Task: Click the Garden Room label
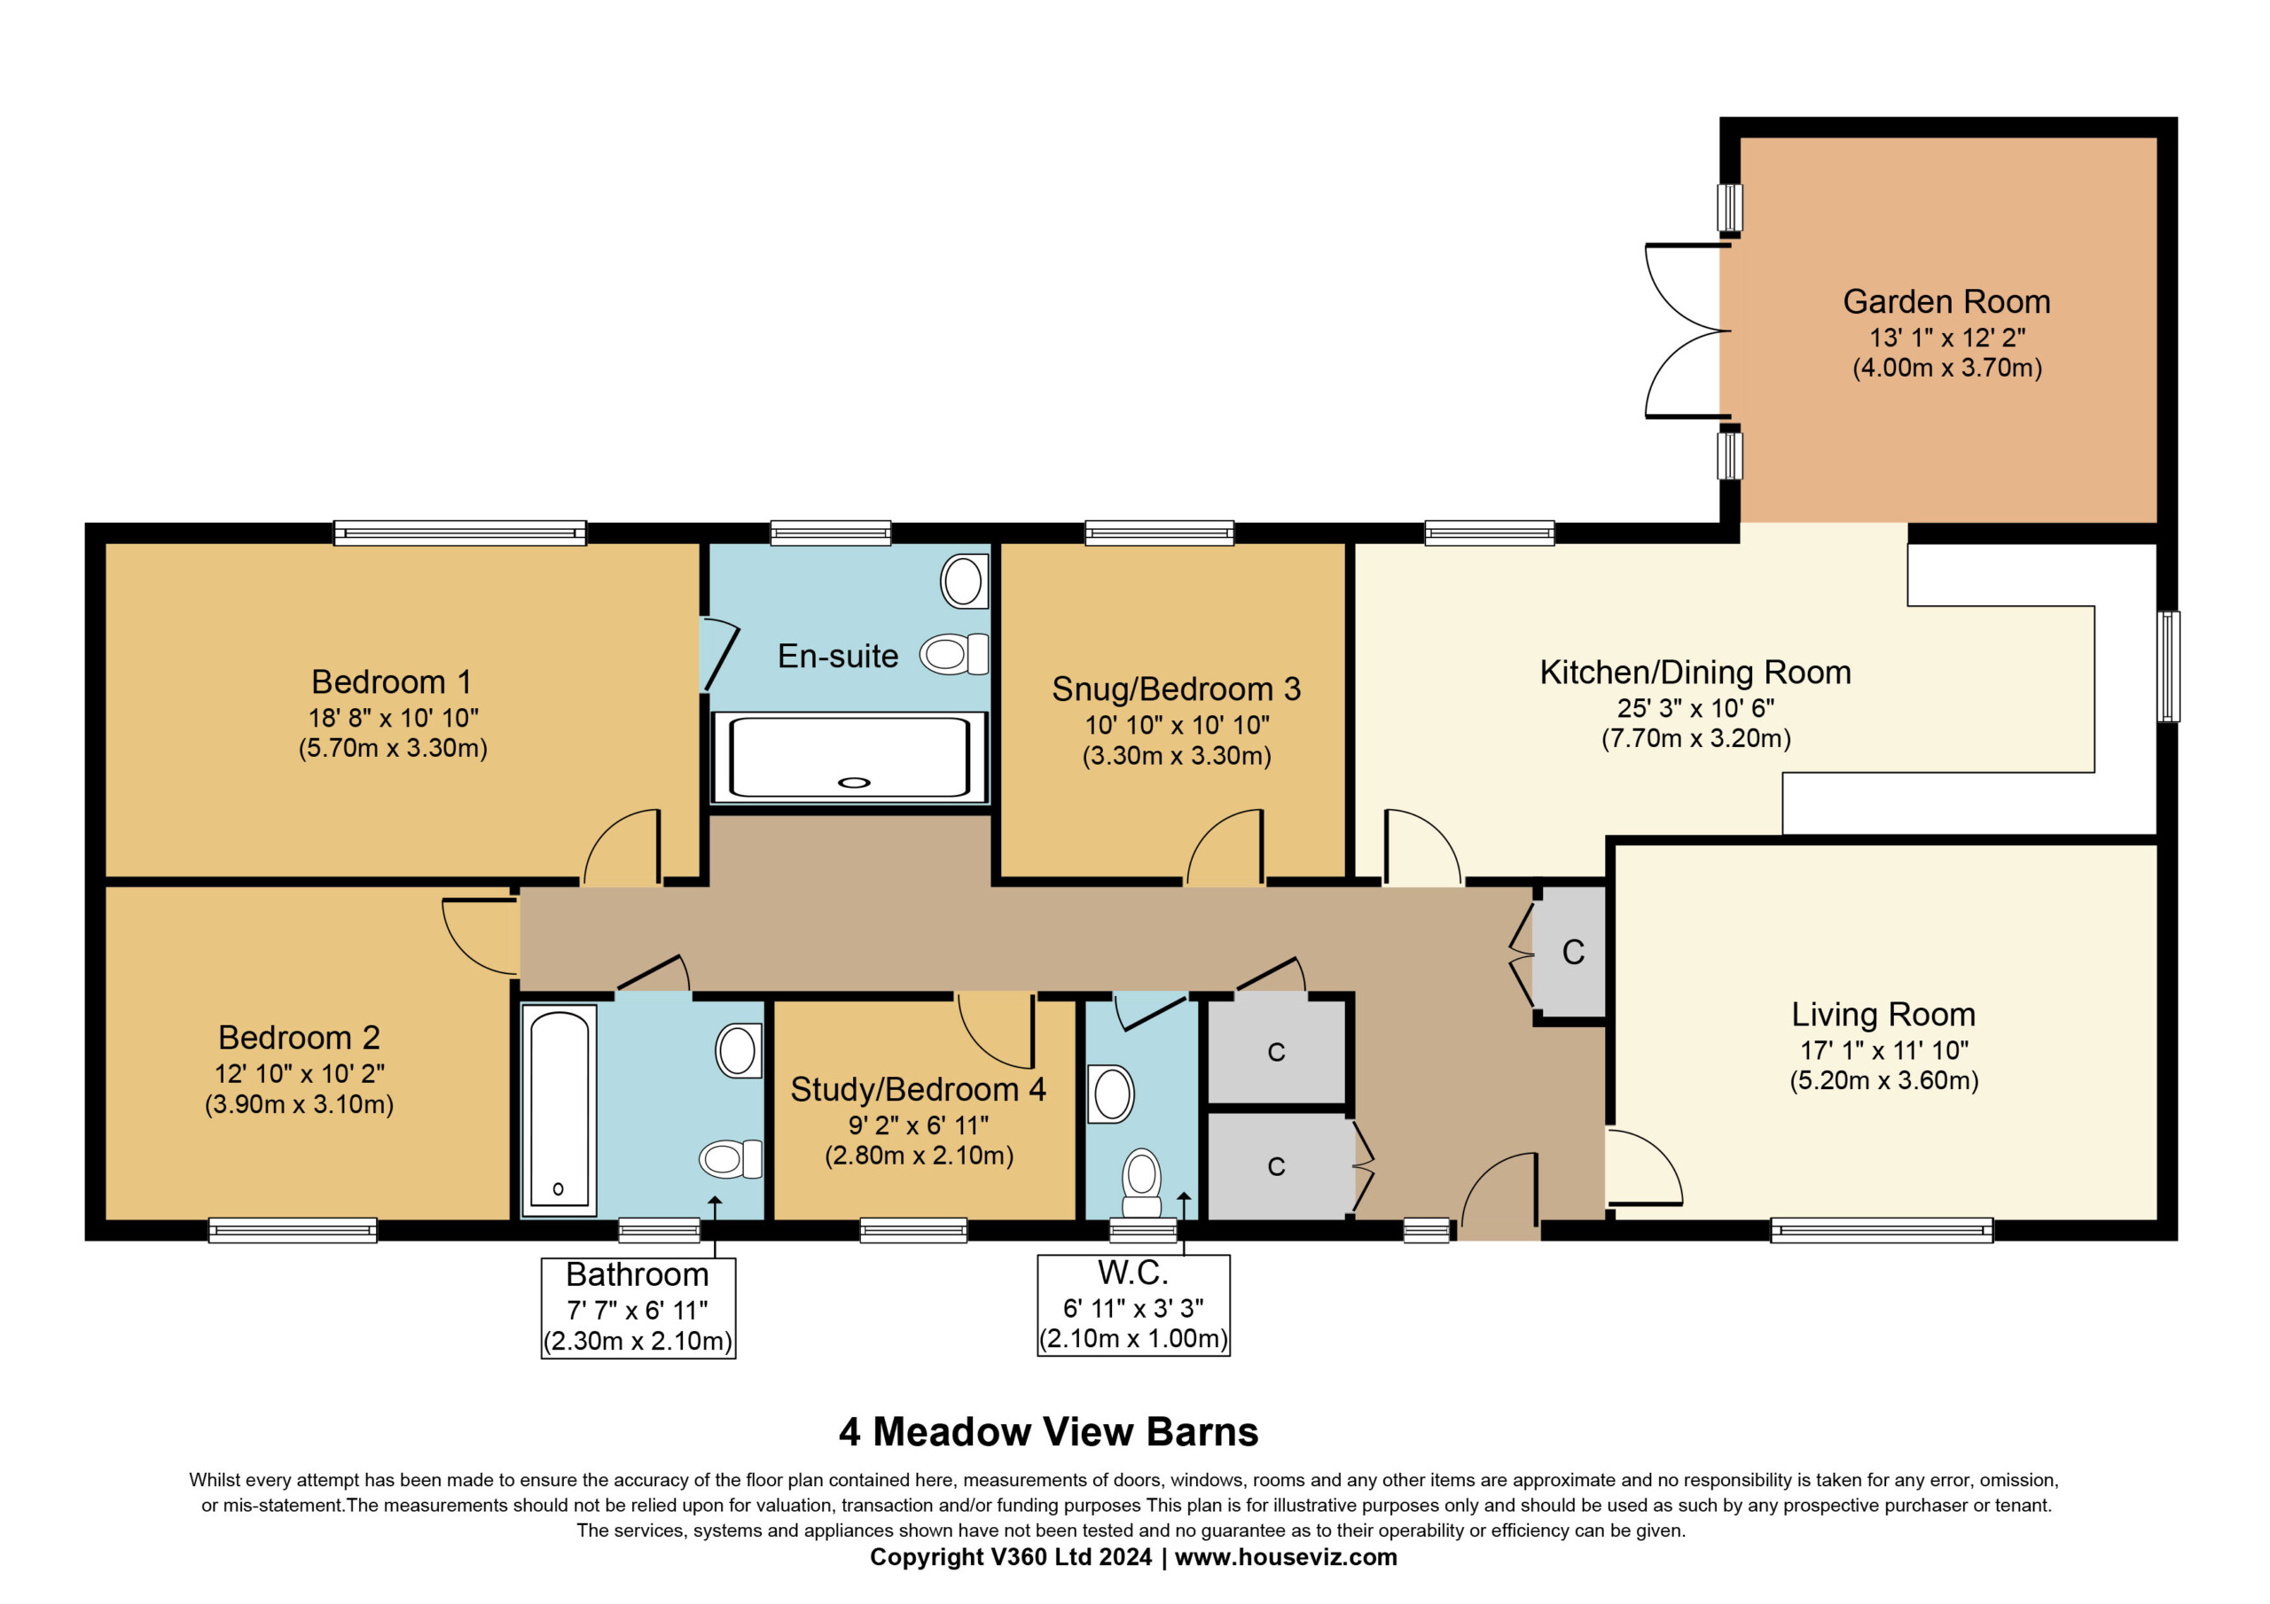[x=1945, y=301]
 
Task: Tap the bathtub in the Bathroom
[x=559, y=1110]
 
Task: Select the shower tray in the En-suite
[x=849, y=757]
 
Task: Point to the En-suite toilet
[x=954, y=654]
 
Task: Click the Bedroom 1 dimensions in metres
[x=394, y=748]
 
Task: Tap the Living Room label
[x=1883, y=1014]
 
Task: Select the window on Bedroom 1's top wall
[x=459, y=533]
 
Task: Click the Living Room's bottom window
[x=1882, y=1230]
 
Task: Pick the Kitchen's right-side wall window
[x=2168, y=666]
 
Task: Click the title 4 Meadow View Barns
[x=1049, y=1432]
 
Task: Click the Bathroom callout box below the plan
[x=638, y=1307]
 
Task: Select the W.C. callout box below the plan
[x=1133, y=1305]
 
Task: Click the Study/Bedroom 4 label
[x=919, y=1089]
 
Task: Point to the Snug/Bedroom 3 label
[x=1177, y=689]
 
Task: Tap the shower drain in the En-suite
[x=854, y=783]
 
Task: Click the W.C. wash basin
[x=1110, y=1094]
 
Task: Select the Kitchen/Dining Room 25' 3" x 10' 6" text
[x=1695, y=709]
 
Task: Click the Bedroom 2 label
[x=300, y=1038]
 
